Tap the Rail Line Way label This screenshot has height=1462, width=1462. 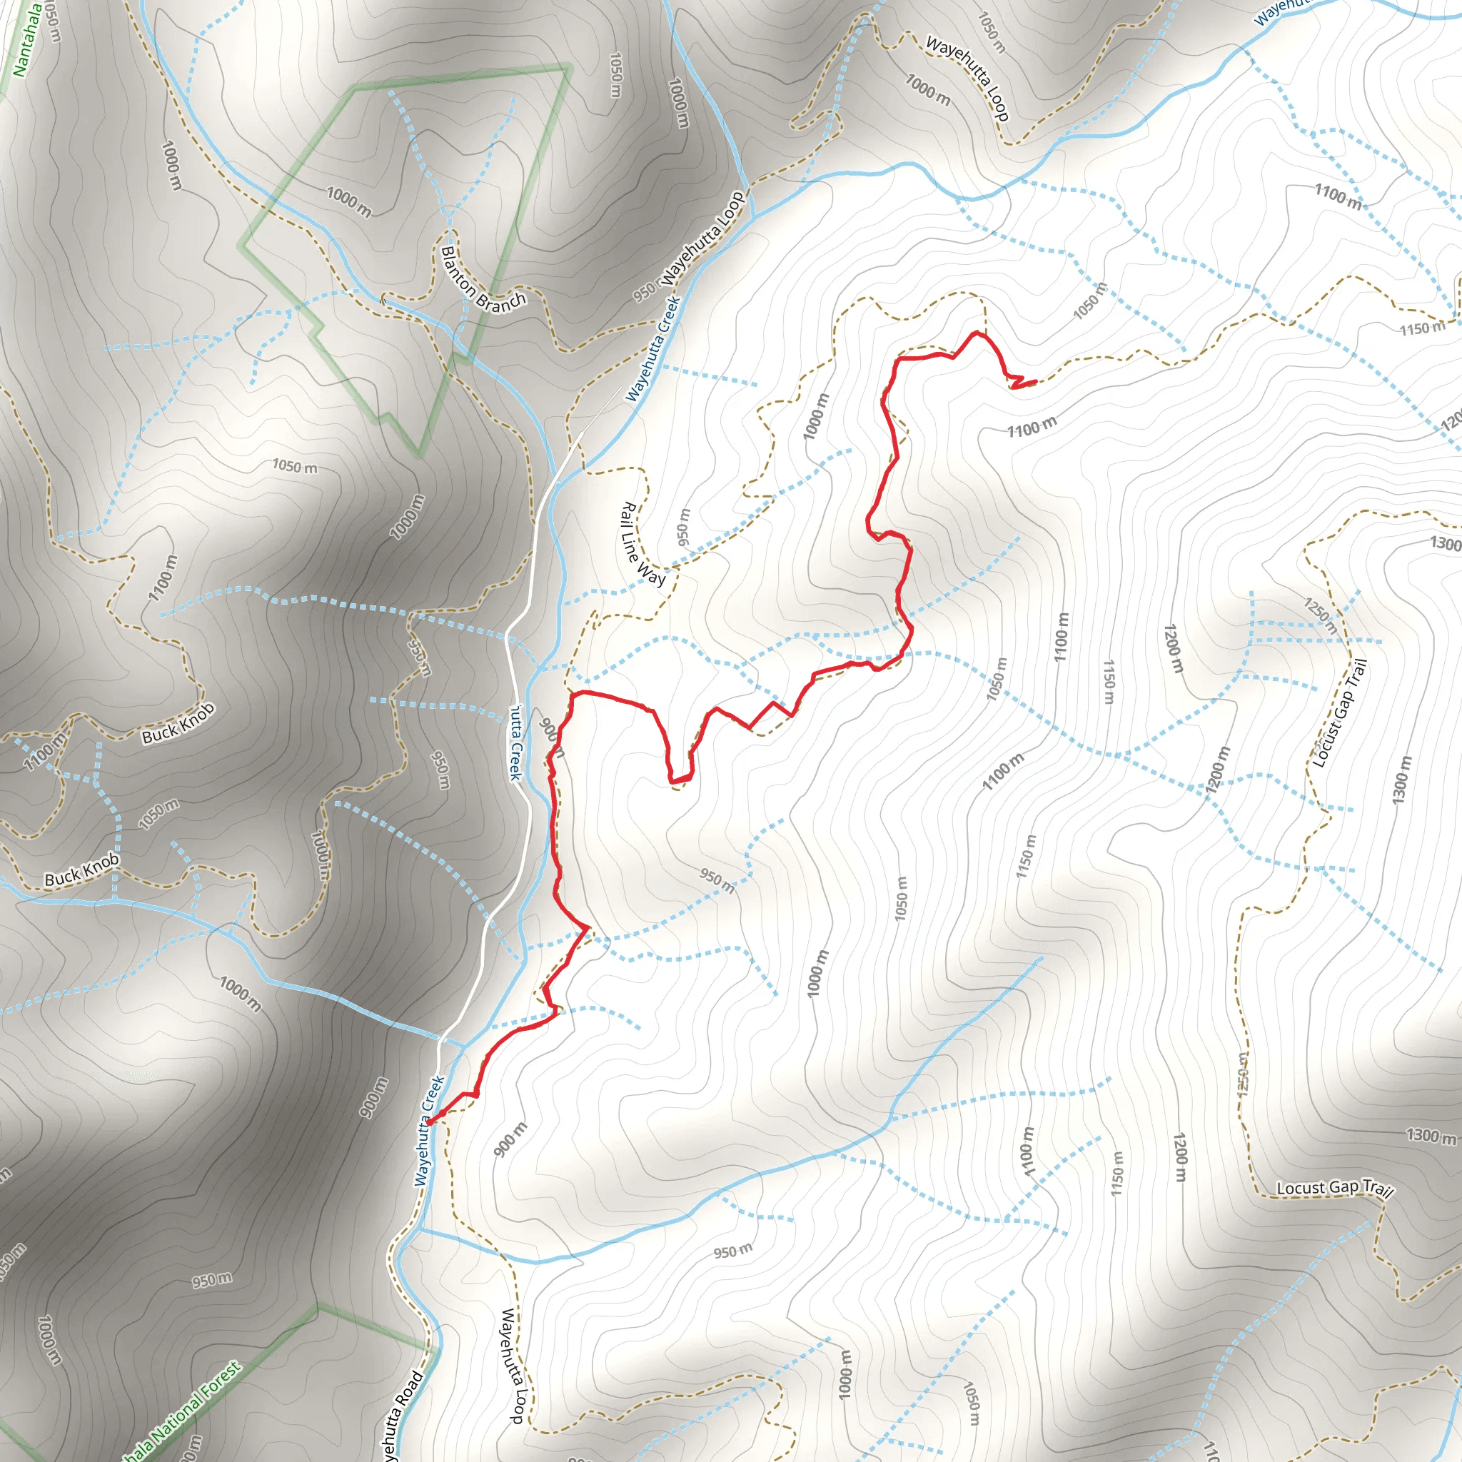pyautogui.click(x=642, y=543)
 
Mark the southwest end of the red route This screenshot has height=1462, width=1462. pyautogui.click(x=430, y=1121)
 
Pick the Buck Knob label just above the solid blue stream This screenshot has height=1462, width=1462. pyautogui.click(x=81, y=869)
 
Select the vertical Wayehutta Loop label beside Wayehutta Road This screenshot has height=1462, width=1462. pyautogui.click(x=513, y=1364)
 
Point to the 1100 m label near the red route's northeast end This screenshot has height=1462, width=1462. pyautogui.click(x=1032, y=428)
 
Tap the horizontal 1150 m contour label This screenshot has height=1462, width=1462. pyautogui.click(x=1421, y=328)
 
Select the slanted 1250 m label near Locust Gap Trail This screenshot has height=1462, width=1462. pyautogui.click(x=1320, y=615)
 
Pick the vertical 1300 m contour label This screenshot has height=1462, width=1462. pyautogui.click(x=1401, y=780)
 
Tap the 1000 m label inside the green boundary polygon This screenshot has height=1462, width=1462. pyautogui.click(x=349, y=202)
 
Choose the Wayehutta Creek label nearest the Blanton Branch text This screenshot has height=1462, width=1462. pyautogui.click(x=653, y=348)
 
